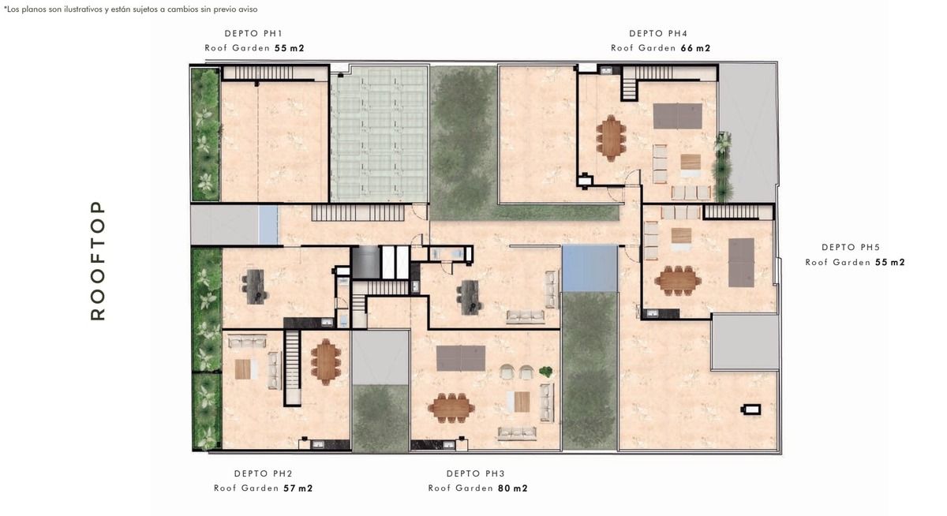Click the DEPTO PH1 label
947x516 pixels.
(x=253, y=33)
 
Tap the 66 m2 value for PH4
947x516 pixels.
(x=695, y=48)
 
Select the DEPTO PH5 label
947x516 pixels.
(x=851, y=247)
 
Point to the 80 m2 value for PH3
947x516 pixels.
(x=513, y=488)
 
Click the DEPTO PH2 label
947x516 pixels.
(x=264, y=473)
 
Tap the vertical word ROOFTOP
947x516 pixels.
(x=98, y=260)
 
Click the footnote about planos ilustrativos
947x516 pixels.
(x=131, y=9)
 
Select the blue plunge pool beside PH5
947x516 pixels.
(x=590, y=268)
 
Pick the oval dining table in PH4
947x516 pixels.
(x=611, y=138)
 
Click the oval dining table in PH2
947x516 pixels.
(x=325, y=362)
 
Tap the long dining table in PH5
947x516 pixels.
(x=678, y=281)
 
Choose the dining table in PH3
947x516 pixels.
(x=451, y=408)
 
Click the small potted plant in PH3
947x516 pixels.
(x=545, y=372)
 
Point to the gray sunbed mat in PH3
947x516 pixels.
(x=461, y=358)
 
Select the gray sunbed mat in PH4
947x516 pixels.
(x=678, y=116)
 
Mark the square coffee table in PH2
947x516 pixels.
(x=243, y=369)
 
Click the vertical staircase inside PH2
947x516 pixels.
(x=292, y=368)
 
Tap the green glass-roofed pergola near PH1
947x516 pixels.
(x=379, y=134)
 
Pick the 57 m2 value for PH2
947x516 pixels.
(x=298, y=488)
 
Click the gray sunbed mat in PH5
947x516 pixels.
(x=742, y=263)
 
